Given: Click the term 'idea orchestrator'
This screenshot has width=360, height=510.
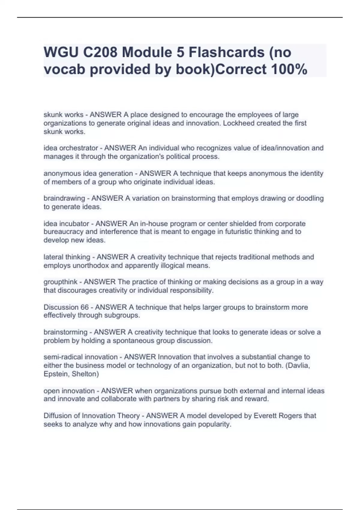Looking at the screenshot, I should pos(71,148).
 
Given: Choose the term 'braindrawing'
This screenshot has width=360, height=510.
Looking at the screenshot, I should pos(64,198).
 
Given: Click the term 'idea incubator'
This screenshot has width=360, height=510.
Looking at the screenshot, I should pos(66,223).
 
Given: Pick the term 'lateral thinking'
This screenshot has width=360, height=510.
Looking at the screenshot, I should pos(67,257).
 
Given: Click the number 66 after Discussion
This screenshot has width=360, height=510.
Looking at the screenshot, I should pos(85,307).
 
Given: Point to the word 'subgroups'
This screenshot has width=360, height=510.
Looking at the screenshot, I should pos(125,315).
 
